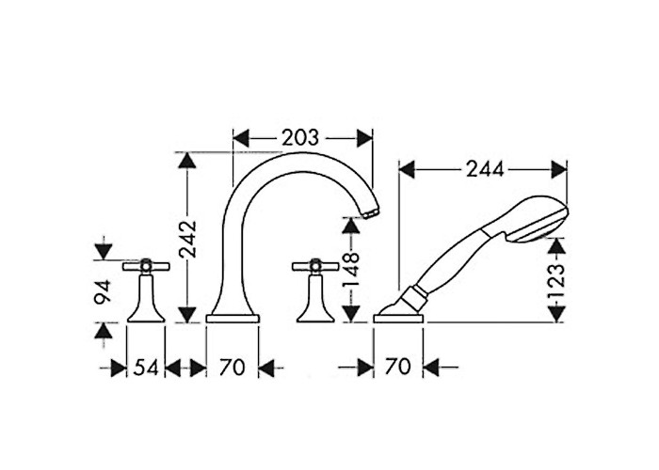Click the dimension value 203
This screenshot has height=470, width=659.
300,137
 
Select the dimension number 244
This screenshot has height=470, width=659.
485,169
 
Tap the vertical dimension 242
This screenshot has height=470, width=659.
187,238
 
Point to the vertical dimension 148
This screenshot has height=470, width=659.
351,268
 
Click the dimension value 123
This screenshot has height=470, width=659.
556,280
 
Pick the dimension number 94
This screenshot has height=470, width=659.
103,291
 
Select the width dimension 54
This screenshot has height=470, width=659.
146,368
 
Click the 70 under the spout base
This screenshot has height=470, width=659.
233,368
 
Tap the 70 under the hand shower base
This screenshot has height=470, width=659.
397,367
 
